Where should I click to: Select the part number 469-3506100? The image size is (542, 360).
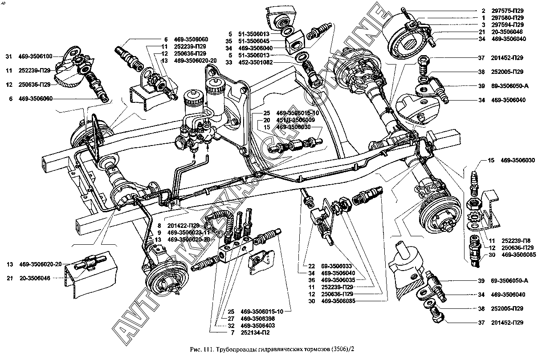click(x=36, y=57)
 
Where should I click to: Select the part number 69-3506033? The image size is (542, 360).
click(x=337, y=266)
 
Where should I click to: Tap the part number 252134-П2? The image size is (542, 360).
click(x=257, y=332)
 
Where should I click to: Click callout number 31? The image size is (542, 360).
click(x=8, y=57)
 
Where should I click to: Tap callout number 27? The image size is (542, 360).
click(x=231, y=318)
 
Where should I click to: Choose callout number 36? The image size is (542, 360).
click(x=311, y=280)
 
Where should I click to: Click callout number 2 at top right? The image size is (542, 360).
click(x=483, y=10)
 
